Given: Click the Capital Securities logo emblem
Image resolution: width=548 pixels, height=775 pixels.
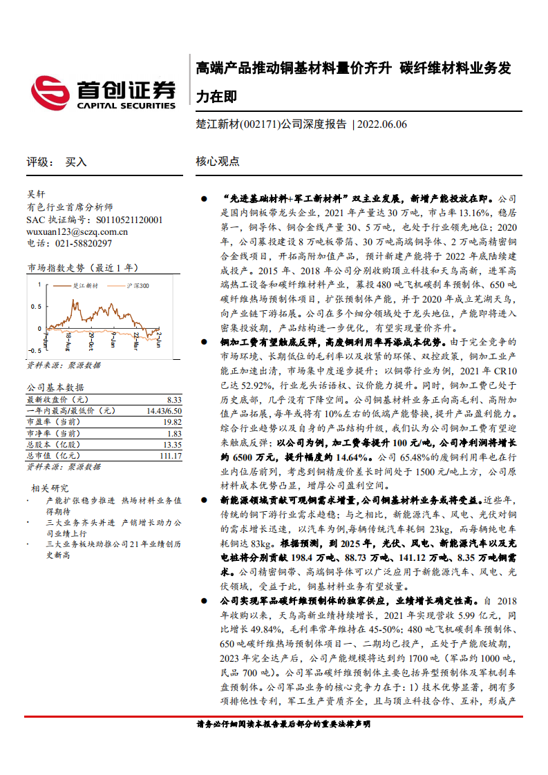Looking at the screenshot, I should click(x=50, y=93).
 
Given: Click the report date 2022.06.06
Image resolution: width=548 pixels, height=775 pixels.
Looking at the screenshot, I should click(x=382, y=124).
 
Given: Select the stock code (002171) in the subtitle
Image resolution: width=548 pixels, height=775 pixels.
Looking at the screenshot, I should click(x=258, y=124).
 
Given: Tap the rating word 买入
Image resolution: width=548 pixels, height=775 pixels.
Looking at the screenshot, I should click(x=76, y=162).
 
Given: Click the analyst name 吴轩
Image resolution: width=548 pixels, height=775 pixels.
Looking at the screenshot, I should click(x=36, y=195).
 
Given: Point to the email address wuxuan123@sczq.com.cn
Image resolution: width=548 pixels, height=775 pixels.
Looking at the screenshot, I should click(x=73, y=231).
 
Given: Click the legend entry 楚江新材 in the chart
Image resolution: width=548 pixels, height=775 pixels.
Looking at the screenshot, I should click(x=85, y=285).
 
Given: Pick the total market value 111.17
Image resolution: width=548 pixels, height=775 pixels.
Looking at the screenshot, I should click(x=170, y=457).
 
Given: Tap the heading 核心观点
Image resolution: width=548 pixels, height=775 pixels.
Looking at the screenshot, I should click(x=218, y=162).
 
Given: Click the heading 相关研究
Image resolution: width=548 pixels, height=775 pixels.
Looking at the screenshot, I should click(x=50, y=488).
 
